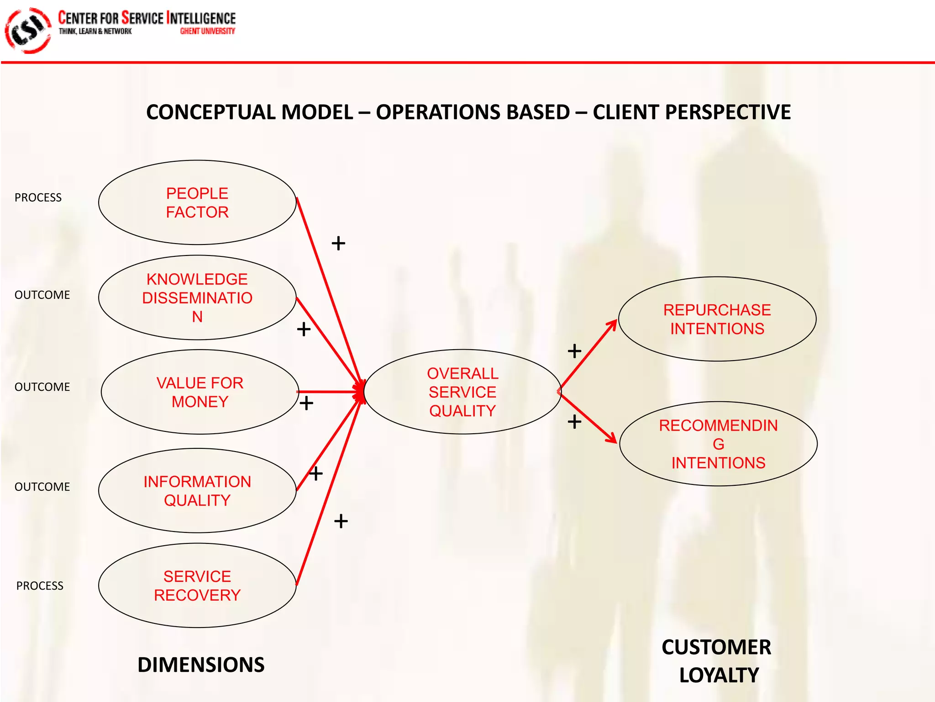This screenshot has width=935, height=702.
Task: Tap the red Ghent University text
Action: [207, 31]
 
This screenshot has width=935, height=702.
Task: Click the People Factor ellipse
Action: [197, 202]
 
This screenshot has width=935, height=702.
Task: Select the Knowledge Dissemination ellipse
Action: [197, 298]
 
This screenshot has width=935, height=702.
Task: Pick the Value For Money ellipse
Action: [200, 392]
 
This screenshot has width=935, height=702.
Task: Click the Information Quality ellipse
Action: [197, 490]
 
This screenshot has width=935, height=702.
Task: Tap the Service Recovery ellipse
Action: [197, 585]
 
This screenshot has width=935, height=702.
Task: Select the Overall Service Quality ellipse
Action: [462, 392]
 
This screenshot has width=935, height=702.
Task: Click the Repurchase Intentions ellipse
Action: [717, 319]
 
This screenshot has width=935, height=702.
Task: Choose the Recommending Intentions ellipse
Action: [718, 444]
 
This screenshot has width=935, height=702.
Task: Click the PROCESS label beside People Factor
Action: [38, 197]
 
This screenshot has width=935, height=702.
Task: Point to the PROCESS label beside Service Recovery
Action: [40, 585]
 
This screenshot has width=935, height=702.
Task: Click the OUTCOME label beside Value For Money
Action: [42, 387]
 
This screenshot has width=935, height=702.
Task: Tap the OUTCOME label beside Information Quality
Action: [42, 487]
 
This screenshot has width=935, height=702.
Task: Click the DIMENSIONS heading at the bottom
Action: [201, 665]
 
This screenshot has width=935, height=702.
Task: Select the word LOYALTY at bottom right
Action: [719, 675]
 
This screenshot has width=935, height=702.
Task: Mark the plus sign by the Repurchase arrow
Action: [574, 351]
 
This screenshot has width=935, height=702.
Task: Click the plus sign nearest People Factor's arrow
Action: [338, 243]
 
